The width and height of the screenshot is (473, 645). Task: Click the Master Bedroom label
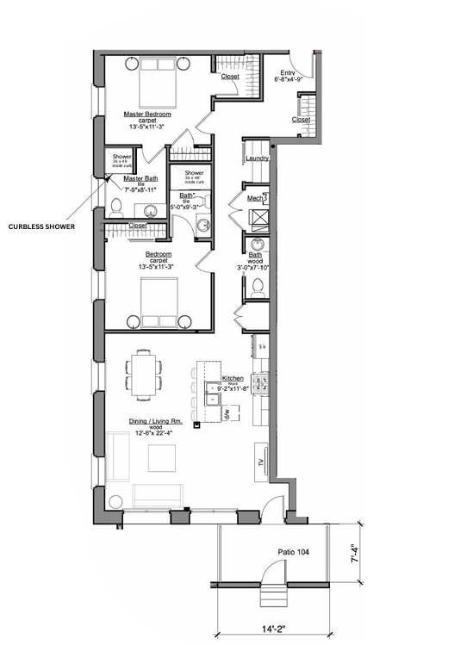pos(146,114)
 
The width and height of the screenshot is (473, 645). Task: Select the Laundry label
pos(258,158)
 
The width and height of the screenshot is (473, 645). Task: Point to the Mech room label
pos(256,198)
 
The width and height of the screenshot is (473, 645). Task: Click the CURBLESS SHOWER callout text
pos(42,227)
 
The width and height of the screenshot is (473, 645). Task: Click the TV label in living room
pos(259,463)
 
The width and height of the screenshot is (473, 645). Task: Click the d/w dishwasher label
pos(226,414)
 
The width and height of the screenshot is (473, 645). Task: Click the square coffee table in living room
pos(161,458)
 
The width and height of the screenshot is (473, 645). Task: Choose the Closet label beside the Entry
pos(301,120)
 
